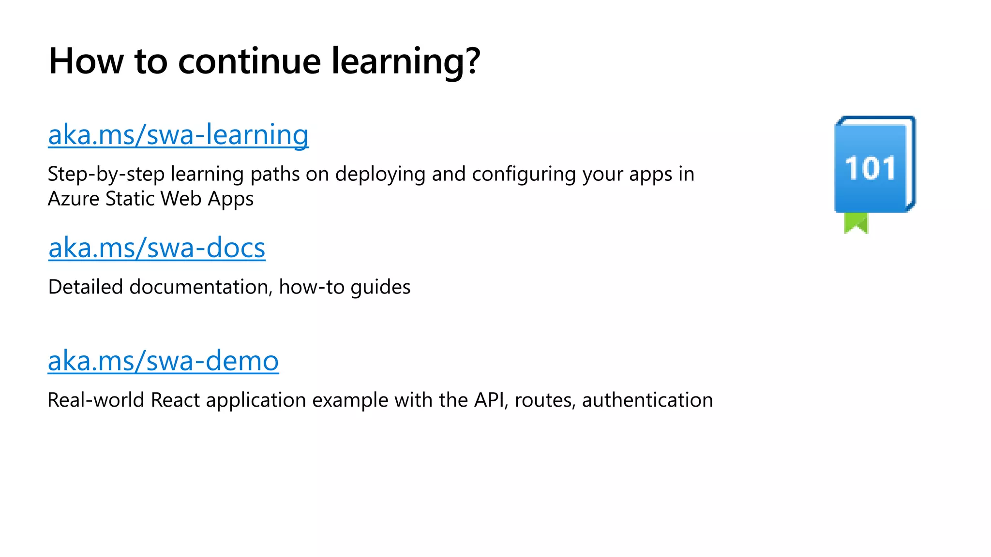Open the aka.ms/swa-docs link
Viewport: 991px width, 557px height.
pos(157,248)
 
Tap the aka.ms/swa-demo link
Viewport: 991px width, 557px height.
pos(163,361)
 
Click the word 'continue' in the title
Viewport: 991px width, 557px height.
pos(249,61)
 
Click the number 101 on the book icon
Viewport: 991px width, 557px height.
pos(870,168)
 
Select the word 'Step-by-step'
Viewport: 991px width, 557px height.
pos(106,175)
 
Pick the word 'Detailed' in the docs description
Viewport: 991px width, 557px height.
pos(86,287)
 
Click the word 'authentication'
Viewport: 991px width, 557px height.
pos(647,400)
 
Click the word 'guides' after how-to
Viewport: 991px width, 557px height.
pos(380,287)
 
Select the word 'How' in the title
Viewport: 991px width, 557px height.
pos(86,61)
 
